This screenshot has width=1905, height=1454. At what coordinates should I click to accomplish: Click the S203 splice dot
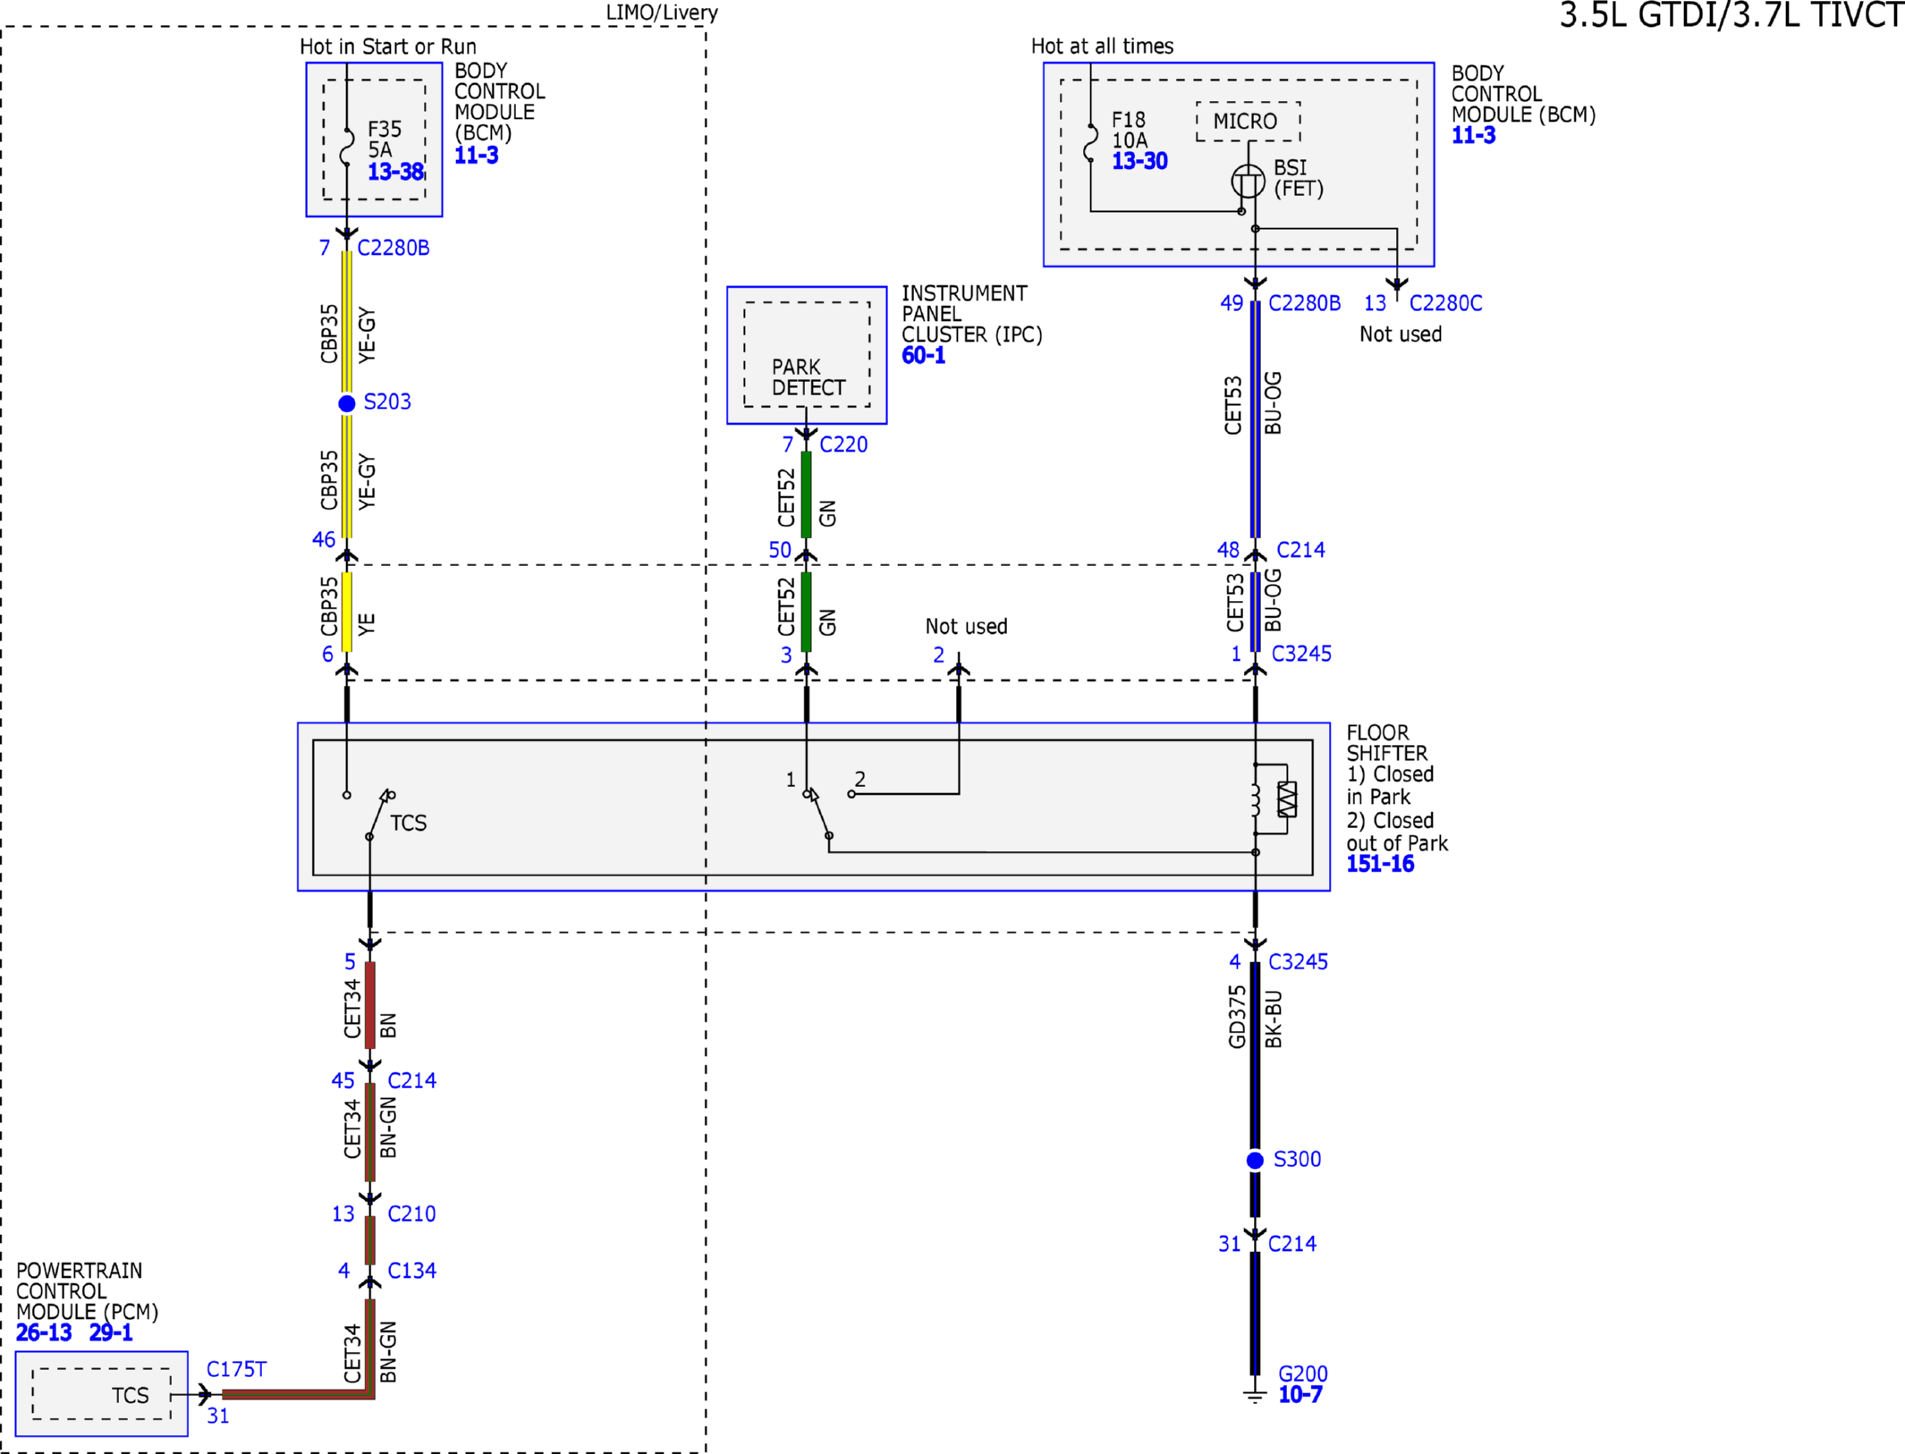pyautogui.click(x=347, y=403)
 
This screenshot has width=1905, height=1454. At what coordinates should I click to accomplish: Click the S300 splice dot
pyautogui.click(x=1255, y=1160)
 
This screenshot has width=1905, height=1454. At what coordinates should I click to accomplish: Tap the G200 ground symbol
pyautogui.click(x=1255, y=1396)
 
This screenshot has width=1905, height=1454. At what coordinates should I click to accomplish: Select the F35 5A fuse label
pyautogui.click(x=385, y=139)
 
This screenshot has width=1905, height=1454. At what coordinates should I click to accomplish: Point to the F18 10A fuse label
pyautogui.click(x=1129, y=130)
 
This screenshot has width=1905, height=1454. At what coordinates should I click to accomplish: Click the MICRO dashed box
pyautogui.click(x=1248, y=122)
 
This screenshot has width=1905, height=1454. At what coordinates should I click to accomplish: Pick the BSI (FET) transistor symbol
pyautogui.click(x=1248, y=182)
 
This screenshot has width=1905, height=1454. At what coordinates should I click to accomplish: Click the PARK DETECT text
pyautogui.click(x=809, y=377)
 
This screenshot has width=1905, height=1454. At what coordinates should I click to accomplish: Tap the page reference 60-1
pyautogui.click(x=923, y=356)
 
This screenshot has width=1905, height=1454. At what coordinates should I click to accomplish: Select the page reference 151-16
pyautogui.click(x=1380, y=864)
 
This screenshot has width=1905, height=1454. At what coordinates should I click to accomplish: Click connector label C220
pyautogui.click(x=843, y=444)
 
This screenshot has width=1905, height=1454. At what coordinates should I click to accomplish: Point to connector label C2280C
pyautogui.click(x=1445, y=303)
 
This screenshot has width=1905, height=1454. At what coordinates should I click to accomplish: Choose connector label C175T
pyautogui.click(x=236, y=1369)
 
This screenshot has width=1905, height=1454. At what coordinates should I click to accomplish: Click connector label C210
pyautogui.click(x=411, y=1213)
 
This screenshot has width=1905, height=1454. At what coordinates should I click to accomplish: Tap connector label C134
pyautogui.click(x=411, y=1271)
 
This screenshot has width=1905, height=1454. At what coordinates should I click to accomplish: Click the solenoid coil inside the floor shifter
pyautogui.click(x=1256, y=799)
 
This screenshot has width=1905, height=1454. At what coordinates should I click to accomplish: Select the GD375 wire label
pyautogui.click(x=1237, y=1016)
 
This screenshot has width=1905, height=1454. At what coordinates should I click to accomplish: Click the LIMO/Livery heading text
pyautogui.click(x=662, y=13)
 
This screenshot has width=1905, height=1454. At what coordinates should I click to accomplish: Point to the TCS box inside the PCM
pyautogui.click(x=101, y=1393)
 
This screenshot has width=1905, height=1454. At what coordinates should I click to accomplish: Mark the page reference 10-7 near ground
pyautogui.click(x=1300, y=1395)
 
